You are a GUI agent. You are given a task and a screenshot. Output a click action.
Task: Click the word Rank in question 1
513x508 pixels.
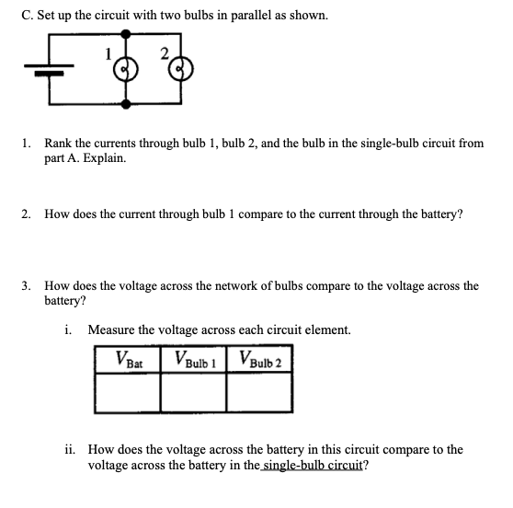[x=59, y=144]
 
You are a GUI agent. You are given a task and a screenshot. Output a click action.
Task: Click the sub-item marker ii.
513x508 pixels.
[x=72, y=450]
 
